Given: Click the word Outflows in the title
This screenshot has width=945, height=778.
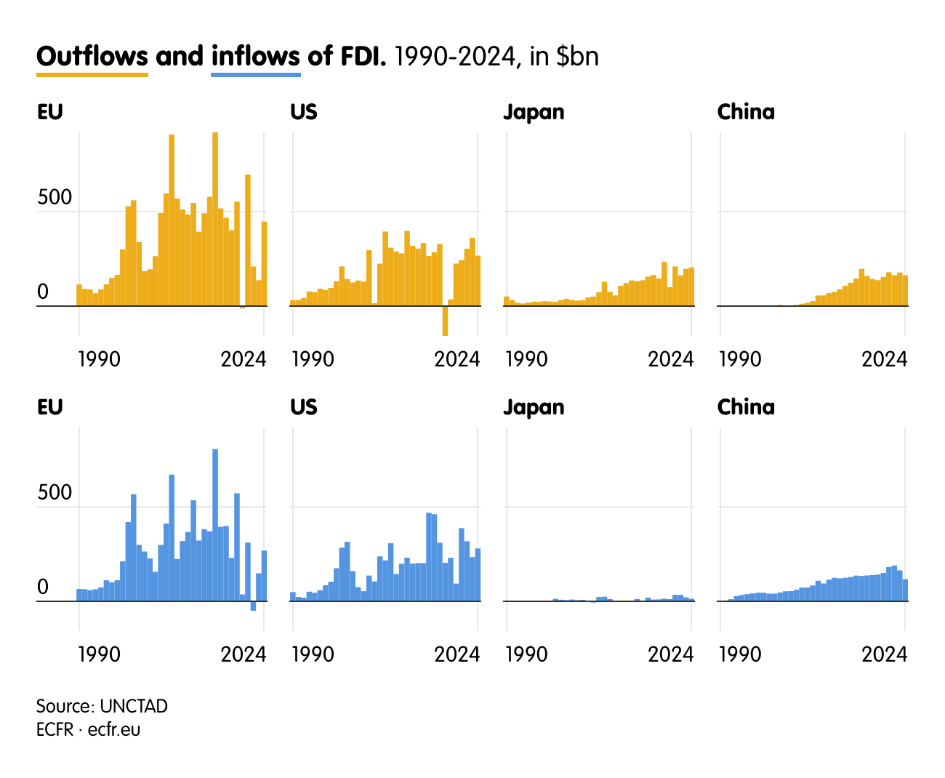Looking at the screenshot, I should pyautogui.click(x=92, y=56).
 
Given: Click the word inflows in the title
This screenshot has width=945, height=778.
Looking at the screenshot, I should pyautogui.click(x=255, y=56).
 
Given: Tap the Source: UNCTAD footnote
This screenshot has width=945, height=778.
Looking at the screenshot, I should pyautogui.click(x=102, y=706).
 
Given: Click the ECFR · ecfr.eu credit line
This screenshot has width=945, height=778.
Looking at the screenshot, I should pyautogui.click(x=88, y=729).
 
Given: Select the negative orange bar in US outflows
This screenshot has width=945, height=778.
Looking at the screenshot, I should pyautogui.click(x=445, y=321).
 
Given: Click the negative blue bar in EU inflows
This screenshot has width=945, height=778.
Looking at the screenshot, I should pyautogui.click(x=253, y=606).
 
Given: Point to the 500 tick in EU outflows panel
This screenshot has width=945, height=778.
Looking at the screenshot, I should pyautogui.click(x=55, y=198).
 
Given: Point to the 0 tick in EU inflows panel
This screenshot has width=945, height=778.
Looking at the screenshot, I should pyautogui.click(x=43, y=587).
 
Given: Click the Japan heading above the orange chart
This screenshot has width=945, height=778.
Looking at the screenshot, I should pyautogui.click(x=534, y=112).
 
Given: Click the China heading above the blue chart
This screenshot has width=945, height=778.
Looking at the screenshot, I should pyautogui.click(x=746, y=407).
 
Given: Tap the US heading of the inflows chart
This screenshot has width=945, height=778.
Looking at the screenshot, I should pyautogui.click(x=304, y=407).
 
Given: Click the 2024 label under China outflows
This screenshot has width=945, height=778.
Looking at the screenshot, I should pyautogui.click(x=884, y=359).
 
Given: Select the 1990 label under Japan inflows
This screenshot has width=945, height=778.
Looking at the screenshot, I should pyautogui.click(x=526, y=654).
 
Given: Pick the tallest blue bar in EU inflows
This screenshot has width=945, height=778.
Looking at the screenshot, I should pyautogui.click(x=215, y=524).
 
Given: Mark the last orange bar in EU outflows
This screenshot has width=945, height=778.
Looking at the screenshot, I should pyautogui.click(x=264, y=263).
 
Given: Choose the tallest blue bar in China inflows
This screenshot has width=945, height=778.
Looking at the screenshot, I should pyautogui.click(x=894, y=583).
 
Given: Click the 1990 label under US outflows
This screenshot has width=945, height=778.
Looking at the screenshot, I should pyautogui.click(x=313, y=359).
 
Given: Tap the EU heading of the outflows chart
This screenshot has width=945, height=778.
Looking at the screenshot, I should pyautogui.click(x=49, y=112).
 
